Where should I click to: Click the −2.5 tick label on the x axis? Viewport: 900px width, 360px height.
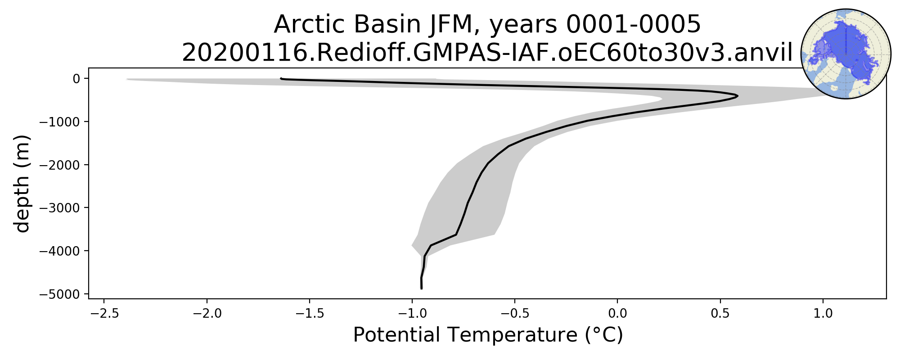(104, 313)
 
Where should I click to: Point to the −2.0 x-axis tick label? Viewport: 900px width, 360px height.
(207, 313)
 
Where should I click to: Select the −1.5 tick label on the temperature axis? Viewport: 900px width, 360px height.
(310, 313)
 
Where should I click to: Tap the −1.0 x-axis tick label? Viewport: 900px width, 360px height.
(412, 313)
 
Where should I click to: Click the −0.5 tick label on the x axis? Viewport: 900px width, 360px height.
(515, 313)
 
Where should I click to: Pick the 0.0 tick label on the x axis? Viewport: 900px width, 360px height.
(617, 313)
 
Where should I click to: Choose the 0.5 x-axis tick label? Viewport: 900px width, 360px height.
(720, 313)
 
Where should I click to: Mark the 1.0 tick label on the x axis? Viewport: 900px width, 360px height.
(823, 313)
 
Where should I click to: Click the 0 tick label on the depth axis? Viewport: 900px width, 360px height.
(76, 79)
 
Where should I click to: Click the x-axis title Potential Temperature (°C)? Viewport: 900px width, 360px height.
(488, 335)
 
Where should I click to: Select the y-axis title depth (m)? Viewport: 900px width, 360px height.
(22, 184)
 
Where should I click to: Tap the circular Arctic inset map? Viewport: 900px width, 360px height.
(846, 54)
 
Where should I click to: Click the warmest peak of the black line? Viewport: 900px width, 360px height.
(737, 96)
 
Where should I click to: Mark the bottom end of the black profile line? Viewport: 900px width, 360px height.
(421, 288)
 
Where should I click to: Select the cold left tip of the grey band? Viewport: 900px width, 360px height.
(127, 79)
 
